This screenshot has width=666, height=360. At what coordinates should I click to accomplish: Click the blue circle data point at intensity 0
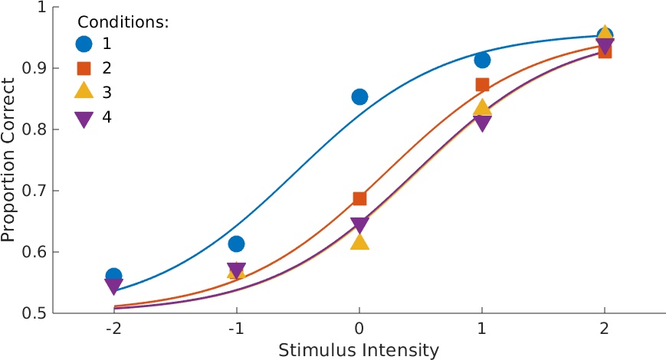pyautogui.click(x=359, y=97)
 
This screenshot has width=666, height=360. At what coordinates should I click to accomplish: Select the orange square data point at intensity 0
pyautogui.click(x=359, y=198)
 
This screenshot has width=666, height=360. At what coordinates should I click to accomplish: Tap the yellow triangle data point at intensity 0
pyautogui.click(x=359, y=241)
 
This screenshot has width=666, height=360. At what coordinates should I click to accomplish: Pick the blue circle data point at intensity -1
pyautogui.click(x=237, y=244)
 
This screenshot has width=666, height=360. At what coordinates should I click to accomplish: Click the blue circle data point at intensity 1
pyautogui.click(x=482, y=60)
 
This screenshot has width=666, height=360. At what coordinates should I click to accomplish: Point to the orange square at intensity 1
pyautogui.click(x=482, y=84)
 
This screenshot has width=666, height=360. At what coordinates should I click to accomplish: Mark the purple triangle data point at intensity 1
pyautogui.click(x=482, y=123)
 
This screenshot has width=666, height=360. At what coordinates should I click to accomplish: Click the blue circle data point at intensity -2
pyautogui.click(x=113, y=276)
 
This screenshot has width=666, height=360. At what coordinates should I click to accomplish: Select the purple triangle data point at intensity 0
pyautogui.click(x=359, y=225)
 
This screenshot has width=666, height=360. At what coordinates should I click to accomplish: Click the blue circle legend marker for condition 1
pyautogui.click(x=84, y=44)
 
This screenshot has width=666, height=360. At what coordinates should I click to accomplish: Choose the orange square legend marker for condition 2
pyautogui.click(x=84, y=68)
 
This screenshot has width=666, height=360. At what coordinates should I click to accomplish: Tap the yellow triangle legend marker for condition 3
pyautogui.click(x=84, y=93)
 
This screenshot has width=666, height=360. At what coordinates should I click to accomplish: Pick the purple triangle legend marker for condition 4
pyautogui.click(x=84, y=119)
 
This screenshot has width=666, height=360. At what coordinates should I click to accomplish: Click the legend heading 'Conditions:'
pyautogui.click(x=123, y=21)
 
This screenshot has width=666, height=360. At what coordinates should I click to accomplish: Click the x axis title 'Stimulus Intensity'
pyautogui.click(x=359, y=351)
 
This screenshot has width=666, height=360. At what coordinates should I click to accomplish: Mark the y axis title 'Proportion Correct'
pyautogui.click(x=9, y=161)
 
